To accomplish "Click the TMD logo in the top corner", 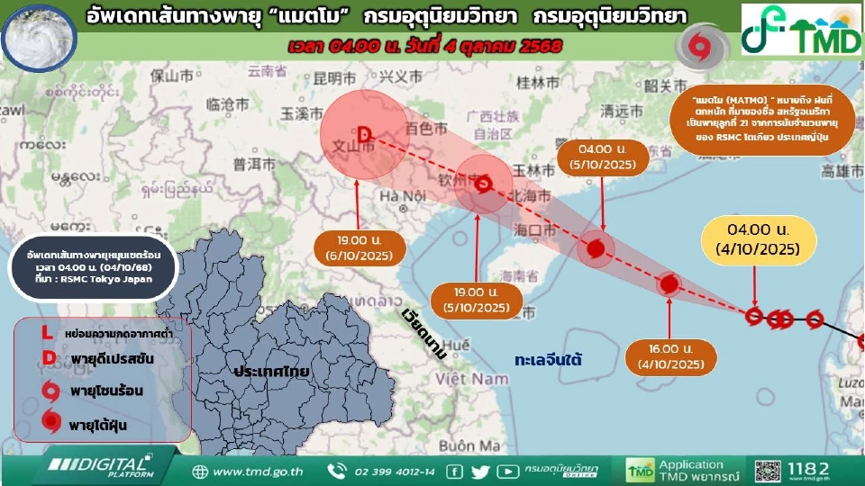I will point(800,30).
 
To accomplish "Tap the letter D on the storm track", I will point(365,135).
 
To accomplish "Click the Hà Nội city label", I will point(401,196).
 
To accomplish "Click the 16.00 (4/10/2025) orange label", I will point(668,356).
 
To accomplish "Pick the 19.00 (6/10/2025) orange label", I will point(356,248).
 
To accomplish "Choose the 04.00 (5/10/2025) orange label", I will point(603,157).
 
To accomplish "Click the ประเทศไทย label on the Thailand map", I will point(270,371).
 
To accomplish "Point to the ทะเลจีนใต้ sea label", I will point(548,359).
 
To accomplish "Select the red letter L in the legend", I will point(47,333).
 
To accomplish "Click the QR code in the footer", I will point(769,471).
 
